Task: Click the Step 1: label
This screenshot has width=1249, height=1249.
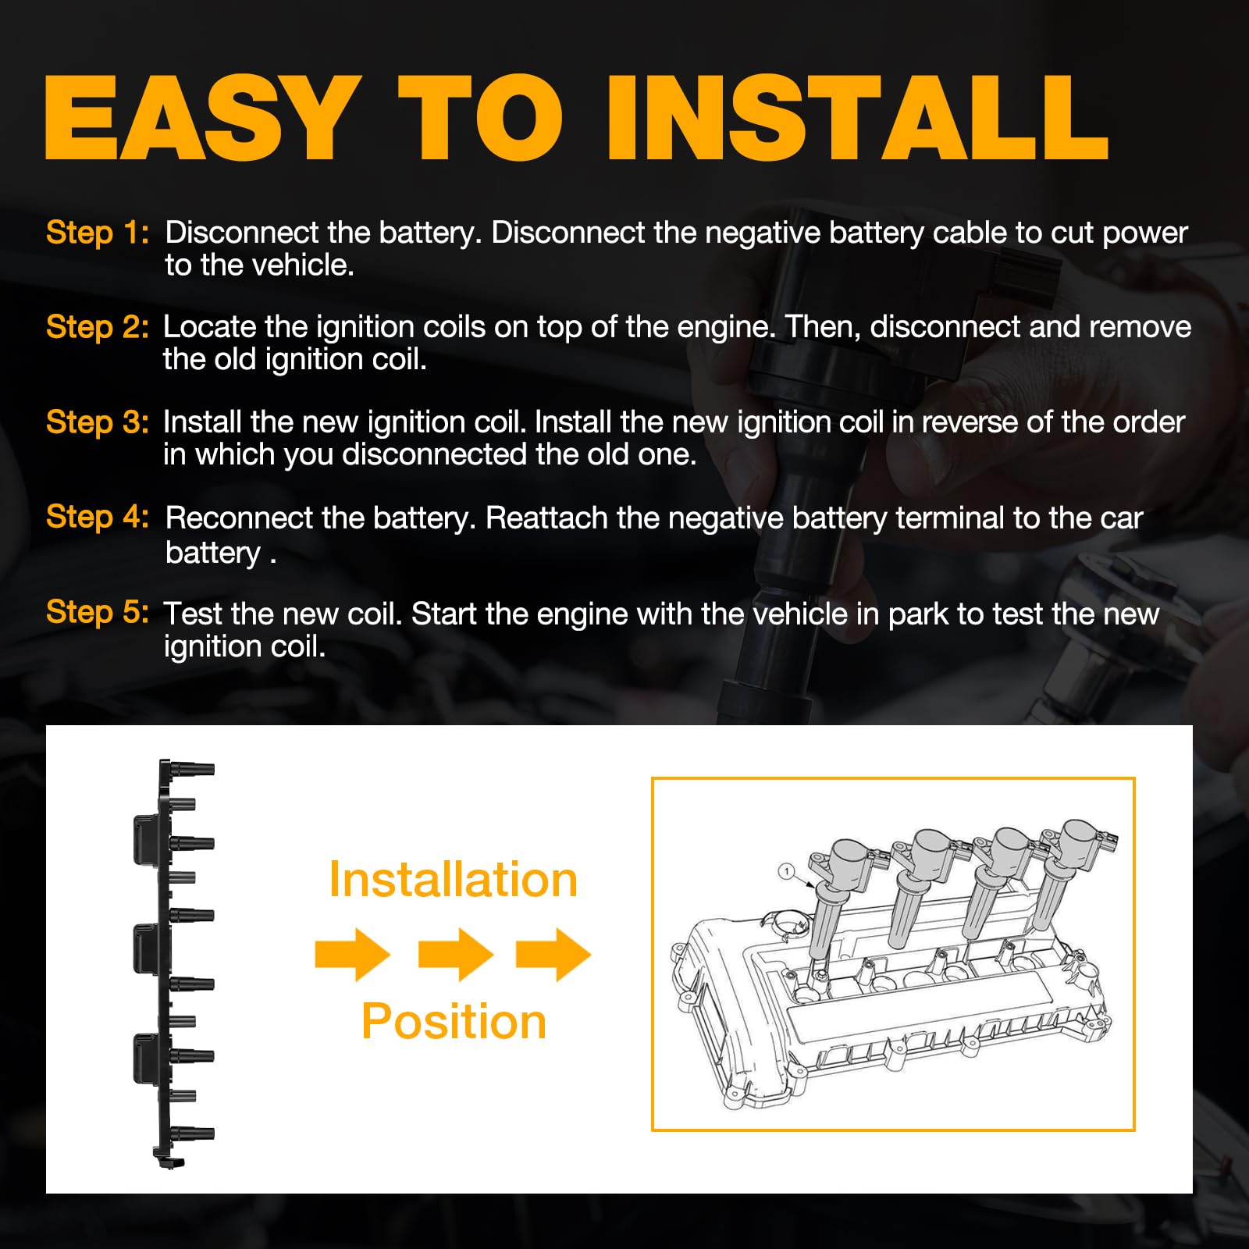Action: pos(97,233)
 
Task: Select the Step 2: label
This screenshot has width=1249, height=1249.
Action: pos(97,327)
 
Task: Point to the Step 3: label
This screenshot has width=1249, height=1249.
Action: pos(97,422)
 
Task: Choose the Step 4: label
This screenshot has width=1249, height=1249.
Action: pos(97,517)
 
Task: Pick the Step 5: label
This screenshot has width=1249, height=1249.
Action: pos(97,612)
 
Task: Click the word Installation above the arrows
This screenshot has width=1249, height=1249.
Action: pos(453,880)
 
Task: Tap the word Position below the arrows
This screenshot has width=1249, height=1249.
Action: pos(454,1021)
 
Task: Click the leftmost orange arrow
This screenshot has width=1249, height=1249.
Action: pos(353,954)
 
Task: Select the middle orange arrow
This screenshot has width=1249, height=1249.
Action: pos(456,954)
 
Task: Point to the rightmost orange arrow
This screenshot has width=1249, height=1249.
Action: pos(553,954)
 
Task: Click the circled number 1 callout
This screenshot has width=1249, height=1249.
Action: pos(787,871)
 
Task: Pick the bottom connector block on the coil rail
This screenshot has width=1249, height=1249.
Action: pos(146,1059)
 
